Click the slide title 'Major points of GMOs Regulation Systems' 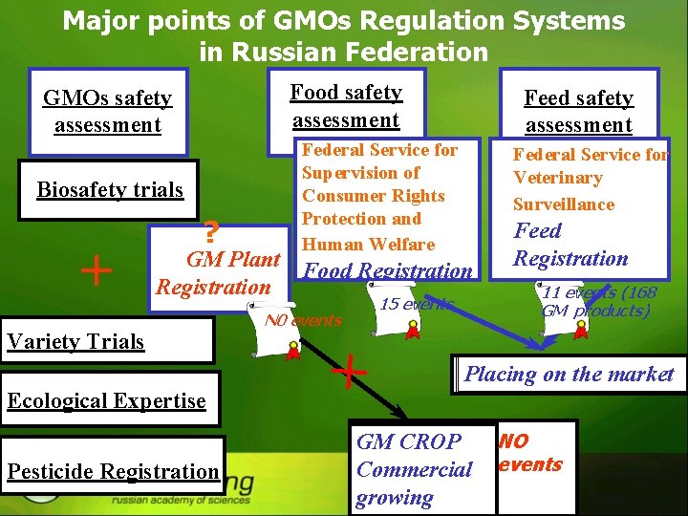click(344, 21)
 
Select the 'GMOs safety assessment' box click(107, 112)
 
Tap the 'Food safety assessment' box click(346, 106)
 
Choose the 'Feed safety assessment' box click(578, 111)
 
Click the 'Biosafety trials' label click(110, 189)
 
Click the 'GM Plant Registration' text click(219, 273)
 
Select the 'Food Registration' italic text click(388, 271)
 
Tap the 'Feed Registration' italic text click(570, 245)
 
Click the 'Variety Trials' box click(106, 341)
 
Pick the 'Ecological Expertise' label click(106, 400)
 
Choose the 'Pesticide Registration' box click(113, 470)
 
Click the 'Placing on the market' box click(569, 374)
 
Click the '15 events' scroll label click(415, 304)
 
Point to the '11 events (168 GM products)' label click(598, 301)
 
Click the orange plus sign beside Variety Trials click(95, 271)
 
